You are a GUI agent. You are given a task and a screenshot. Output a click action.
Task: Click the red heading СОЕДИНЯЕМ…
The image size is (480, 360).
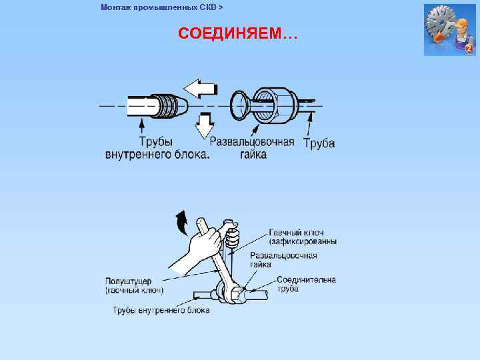[238, 34]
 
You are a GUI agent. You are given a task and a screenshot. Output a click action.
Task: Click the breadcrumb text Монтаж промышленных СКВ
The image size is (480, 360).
[162, 7]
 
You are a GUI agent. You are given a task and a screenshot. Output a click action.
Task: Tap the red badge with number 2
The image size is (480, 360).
[468, 49]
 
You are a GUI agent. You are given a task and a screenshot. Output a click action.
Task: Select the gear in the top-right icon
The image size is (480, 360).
[441, 25]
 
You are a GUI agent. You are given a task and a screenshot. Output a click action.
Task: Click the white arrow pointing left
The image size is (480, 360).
[200, 87]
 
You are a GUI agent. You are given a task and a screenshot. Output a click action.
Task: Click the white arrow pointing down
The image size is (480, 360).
[205, 125]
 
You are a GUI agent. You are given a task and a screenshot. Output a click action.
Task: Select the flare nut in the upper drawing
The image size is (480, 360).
[273, 105]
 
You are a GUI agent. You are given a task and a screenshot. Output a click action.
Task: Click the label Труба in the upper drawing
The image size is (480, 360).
[319, 143]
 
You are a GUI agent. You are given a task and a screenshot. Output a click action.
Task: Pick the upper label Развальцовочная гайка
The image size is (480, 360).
[252, 149]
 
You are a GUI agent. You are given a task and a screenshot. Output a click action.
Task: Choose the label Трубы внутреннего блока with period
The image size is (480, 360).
[157, 149]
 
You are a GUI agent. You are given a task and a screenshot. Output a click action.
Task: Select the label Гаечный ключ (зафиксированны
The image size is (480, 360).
[302, 237]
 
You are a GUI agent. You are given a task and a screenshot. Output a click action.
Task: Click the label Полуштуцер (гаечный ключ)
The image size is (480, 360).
[134, 285]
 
